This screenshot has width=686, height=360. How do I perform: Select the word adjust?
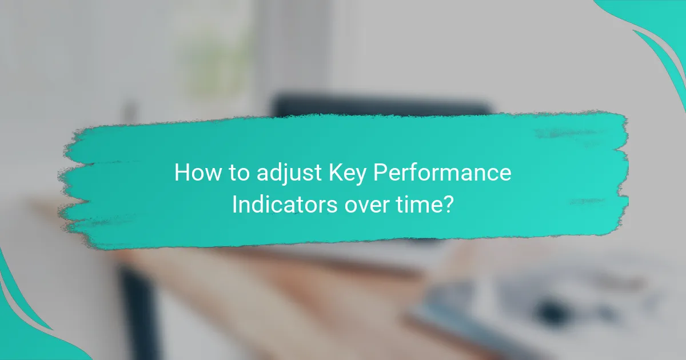click(x=277, y=173)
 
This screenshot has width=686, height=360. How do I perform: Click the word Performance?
click(x=442, y=173)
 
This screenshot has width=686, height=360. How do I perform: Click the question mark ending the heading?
click(x=449, y=204)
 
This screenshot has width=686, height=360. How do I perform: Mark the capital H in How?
click(x=181, y=172)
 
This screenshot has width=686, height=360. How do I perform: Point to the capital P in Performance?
click(x=380, y=172)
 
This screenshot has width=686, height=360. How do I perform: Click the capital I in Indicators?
click(x=234, y=204)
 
